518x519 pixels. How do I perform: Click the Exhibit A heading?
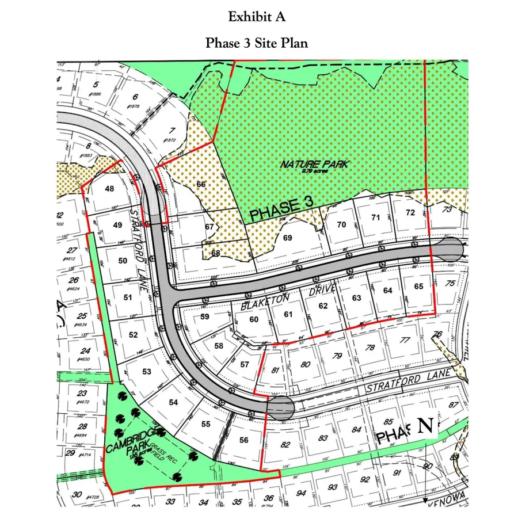tap(257, 17)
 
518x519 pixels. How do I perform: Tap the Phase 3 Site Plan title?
tap(257, 44)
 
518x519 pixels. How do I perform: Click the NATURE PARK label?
tap(315, 165)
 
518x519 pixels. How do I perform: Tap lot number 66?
tap(201, 184)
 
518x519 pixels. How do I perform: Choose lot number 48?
tap(108, 189)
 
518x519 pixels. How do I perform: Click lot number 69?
tap(288, 237)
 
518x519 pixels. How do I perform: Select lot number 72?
tap(410, 212)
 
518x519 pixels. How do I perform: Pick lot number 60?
tap(254, 320)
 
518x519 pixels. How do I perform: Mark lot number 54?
tap(173, 403)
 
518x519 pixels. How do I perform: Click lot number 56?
tap(243, 440)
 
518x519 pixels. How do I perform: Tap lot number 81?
tap(276, 370)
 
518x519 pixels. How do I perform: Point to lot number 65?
tap(418, 286)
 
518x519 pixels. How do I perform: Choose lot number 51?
tap(128, 297)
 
